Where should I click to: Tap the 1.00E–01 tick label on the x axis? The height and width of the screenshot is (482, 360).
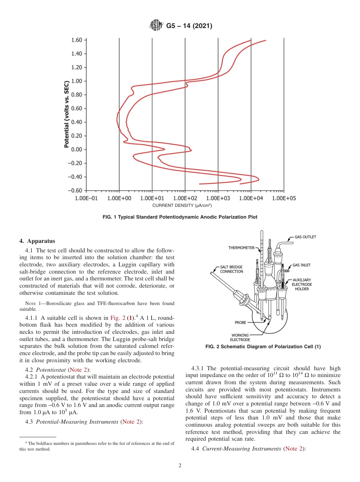(x=86, y=198)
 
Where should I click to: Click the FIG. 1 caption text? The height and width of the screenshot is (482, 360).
(x=180, y=217)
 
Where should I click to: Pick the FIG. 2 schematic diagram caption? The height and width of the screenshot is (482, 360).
(x=263, y=347)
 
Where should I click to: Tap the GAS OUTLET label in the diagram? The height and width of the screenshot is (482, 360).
(x=305, y=237)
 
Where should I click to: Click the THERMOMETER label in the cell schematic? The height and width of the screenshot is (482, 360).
(x=241, y=248)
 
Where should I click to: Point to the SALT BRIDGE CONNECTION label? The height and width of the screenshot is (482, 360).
(x=232, y=269)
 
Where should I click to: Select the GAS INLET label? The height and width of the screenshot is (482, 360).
(x=301, y=265)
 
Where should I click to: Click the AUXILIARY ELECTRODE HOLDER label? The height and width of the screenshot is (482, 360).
(x=302, y=284)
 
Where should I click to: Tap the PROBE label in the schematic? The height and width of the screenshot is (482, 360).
(x=240, y=322)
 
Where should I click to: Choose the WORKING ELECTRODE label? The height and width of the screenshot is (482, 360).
(x=240, y=337)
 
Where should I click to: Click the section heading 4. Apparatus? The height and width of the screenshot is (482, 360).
(x=37, y=241)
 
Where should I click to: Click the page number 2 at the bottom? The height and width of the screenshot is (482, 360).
(x=180, y=466)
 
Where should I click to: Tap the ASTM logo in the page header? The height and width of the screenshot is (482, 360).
(x=156, y=26)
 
